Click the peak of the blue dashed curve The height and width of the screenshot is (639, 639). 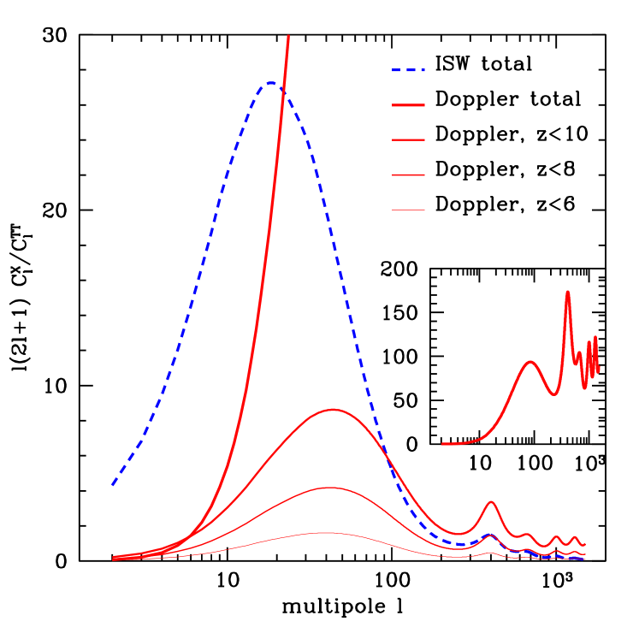(x=270, y=83)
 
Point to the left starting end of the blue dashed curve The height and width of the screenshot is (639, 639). (x=113, y=485)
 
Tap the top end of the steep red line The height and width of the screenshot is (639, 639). (x=288, y=37)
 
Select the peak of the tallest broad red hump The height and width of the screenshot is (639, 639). (x=334, y=410)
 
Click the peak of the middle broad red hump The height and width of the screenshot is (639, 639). (x=328, y=488)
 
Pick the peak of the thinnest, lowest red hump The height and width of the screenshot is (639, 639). (x=326, y=533)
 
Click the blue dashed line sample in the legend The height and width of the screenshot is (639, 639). (x=408, y=70)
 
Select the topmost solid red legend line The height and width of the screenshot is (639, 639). (x=408, y=105)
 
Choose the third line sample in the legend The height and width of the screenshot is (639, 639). (x=408, y=139)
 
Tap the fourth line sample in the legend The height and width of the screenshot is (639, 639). (x=408, y=175)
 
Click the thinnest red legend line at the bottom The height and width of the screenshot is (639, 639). (x=408, y=210)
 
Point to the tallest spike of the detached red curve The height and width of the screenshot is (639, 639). (x=567, y=293)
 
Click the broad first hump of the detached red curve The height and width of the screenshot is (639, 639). (x=530, y=362)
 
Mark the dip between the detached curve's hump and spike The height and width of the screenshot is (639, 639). (x=554, y=394)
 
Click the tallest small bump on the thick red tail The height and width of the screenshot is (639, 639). (x=491, y=502)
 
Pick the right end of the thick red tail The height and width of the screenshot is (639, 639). (x=584, y=544)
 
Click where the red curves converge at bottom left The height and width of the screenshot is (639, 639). (x=115, y=558)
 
